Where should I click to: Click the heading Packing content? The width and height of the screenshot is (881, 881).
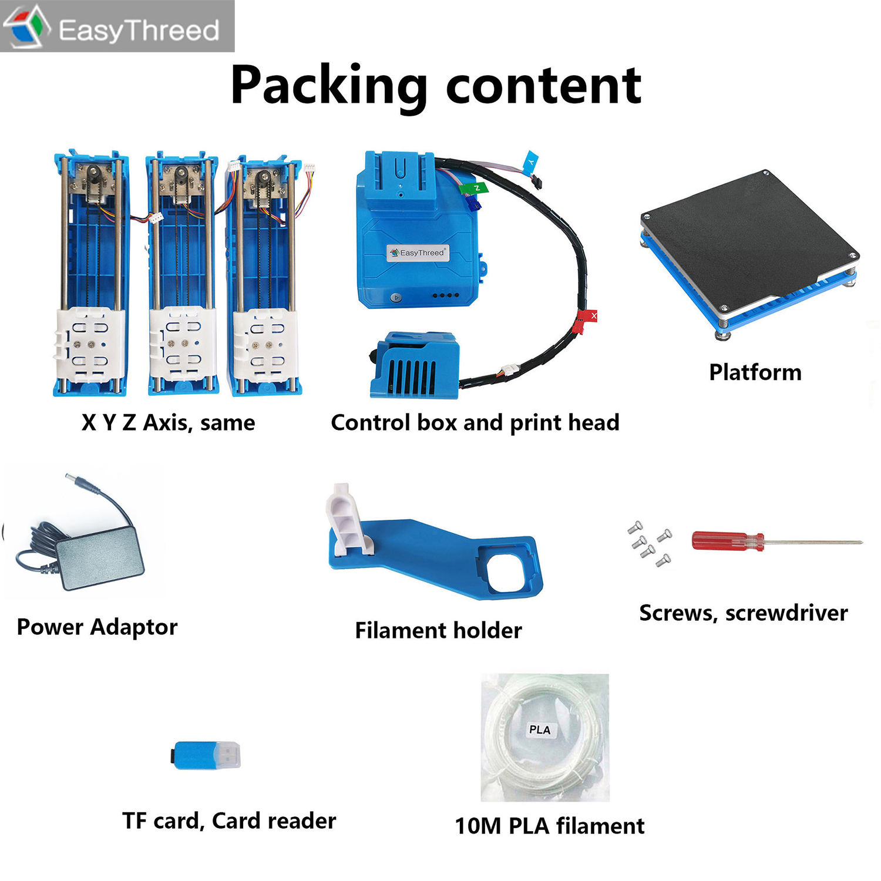436,86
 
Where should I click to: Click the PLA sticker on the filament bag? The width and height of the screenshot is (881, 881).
540,729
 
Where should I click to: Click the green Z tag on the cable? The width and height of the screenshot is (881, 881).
475,189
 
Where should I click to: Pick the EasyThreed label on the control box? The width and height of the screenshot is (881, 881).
418,253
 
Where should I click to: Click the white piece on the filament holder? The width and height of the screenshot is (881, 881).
350,520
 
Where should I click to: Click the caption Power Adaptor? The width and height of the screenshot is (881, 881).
97,627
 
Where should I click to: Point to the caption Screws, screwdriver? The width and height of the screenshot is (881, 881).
744,613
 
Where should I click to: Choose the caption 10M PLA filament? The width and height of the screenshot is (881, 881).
550,826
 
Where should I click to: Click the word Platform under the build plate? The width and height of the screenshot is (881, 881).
755,372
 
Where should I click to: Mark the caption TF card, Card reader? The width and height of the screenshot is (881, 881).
229,821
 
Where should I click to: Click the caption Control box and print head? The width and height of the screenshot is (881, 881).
475,423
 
